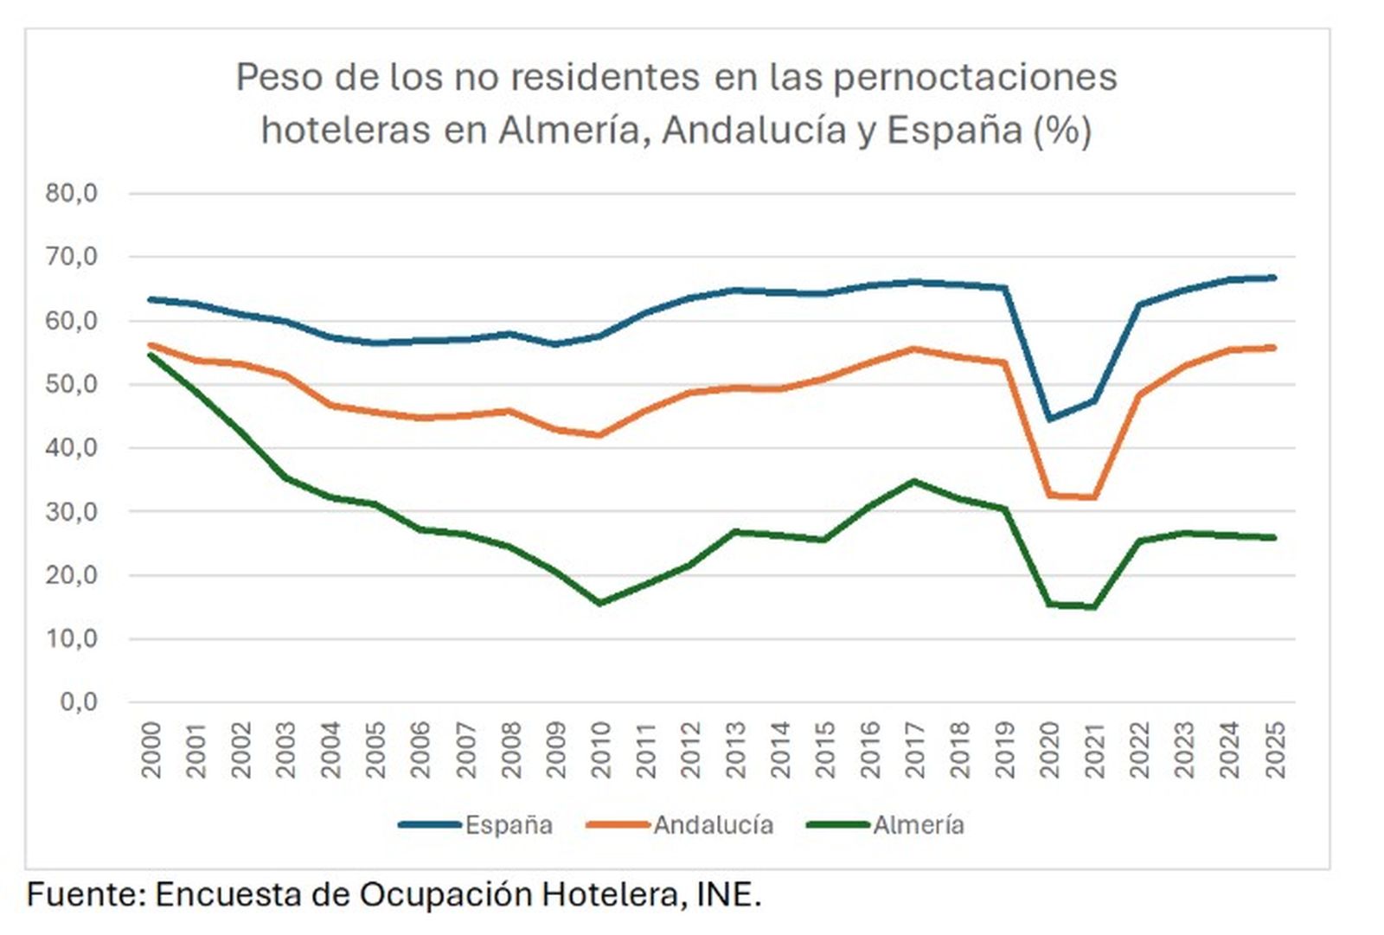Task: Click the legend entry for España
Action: pos(508,825)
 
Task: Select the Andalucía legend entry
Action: pos(712,825)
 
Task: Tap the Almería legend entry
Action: pos(918,825)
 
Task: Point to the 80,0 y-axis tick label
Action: pos(72,193)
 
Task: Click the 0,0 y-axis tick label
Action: pos(79,701)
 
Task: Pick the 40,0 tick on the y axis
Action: pos(72,448)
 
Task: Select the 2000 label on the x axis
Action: pos(151,750)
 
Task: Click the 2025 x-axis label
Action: pos(1275,750)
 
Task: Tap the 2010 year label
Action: pos(600,750)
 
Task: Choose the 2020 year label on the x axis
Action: pos(1050,750)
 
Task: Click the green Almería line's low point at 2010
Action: pos(600,603)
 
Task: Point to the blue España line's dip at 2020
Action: pos(1050,419)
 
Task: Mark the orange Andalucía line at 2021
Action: pos(1095,497)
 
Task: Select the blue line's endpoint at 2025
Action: pos(1274,278)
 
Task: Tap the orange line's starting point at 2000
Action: pos(151,344)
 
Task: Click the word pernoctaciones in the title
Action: pos(975,77)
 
